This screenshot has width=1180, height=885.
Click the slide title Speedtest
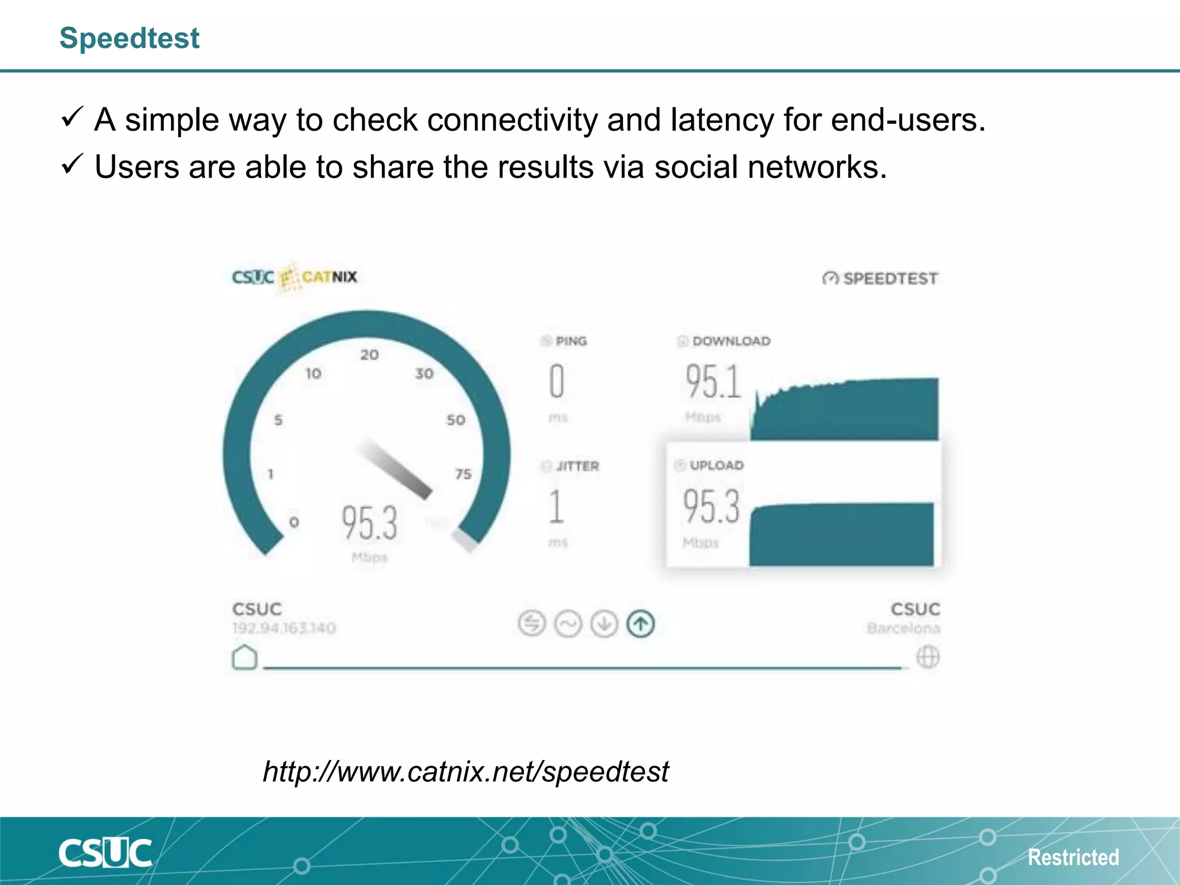point(129,39)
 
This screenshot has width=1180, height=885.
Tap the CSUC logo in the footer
point(105,853)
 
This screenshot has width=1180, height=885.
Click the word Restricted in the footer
point(1073,857)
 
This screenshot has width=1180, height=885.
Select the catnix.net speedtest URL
point(466,771)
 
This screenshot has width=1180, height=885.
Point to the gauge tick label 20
point(369,355)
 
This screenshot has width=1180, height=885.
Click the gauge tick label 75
point(463,474)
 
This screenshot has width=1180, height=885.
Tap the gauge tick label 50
point(456,420)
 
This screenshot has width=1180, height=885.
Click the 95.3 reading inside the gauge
point(369,523)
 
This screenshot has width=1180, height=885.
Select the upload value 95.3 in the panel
point(711,506)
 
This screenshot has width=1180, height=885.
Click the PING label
point(570,341)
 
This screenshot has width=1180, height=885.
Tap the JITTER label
point(577,466)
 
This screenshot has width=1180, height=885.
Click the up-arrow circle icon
point(640,624)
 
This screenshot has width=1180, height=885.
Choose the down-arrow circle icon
point(604,624)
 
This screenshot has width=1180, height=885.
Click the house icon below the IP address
point(244,657)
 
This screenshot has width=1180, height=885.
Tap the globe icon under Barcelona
point(928,657)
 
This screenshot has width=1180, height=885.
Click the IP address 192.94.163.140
point(284,628)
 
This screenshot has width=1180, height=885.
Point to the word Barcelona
point(903,628)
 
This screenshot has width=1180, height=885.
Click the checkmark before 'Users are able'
point(73,165)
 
